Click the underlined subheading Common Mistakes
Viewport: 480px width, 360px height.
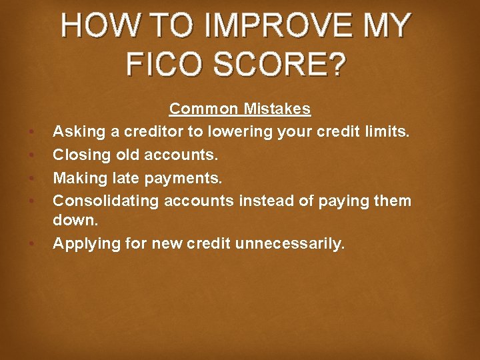[240, 109]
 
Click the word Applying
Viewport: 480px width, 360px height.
[81, 243]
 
